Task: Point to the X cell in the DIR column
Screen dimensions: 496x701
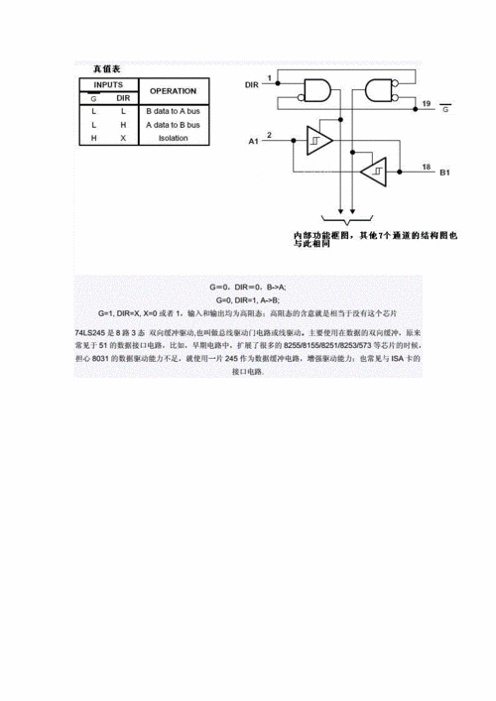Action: [123, 138]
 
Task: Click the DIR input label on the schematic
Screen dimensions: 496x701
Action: [254, 87]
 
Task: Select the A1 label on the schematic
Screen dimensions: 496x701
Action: [254, 143]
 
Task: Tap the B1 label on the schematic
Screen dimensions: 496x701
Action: [445, 173]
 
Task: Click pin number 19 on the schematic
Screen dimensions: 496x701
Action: [425, 103]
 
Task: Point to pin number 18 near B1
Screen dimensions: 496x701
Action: [425, 168]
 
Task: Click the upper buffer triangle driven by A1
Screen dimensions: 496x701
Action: [319, 142]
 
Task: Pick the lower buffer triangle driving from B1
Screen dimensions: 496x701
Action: [374, 173]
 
